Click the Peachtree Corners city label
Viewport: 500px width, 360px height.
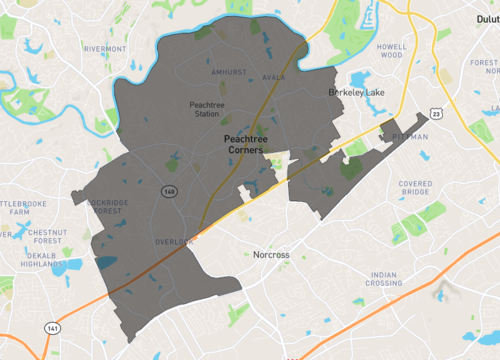[x=244, y=144]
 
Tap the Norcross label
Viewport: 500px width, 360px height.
[x=271, y=255]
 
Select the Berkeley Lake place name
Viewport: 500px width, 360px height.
[x=358, y=92]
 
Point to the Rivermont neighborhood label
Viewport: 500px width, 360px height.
[x=105, y=48]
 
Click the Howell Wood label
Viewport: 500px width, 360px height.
[x=391, y=50]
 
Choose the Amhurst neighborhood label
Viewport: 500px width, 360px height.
[x=228, y=73]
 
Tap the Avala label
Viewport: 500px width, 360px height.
[x=274, y=77]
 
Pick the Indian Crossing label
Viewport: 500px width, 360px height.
[x=385, y=279]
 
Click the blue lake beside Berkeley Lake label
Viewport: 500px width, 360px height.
[x=361, y=79]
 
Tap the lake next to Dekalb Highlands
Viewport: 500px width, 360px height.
[x=67, y=267]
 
